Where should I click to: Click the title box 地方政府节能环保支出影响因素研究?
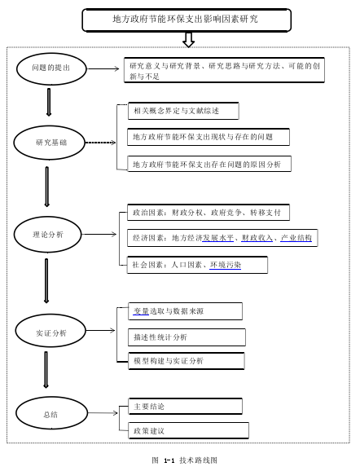coord(187,20)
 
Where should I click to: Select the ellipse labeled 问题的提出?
coord(51,68)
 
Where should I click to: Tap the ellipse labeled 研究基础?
coord(50,143)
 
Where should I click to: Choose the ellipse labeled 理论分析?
coord(47,235)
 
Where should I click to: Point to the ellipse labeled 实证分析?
coord(50,331)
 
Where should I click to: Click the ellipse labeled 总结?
coord(51,413)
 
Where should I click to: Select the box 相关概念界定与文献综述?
coord(183,111)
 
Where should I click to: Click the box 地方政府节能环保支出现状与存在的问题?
coord(209,137)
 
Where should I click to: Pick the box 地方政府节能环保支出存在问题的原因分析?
coord(209,164)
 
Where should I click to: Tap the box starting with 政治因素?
coord(209,213)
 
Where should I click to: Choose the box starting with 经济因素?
coord(222,238)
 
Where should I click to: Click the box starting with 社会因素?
coord(197,265)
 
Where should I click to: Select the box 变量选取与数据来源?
coord(185,311)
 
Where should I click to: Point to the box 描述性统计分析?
coord(187,337)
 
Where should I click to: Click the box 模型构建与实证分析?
coord(187,361)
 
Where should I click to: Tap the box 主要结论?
coord(185,407)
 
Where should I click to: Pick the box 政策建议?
coord(189,431)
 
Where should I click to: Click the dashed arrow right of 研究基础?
coord(100,143)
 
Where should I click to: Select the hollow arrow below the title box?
coord(189,39)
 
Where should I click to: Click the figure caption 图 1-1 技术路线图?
coord(184,460)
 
